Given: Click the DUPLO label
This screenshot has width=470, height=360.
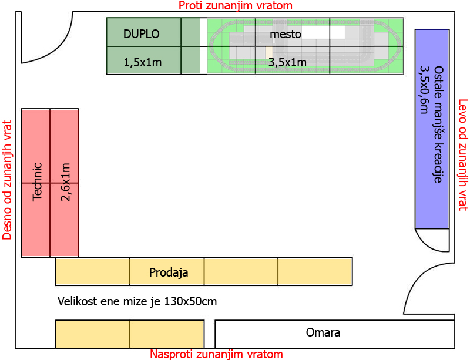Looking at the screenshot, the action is pos(142,34).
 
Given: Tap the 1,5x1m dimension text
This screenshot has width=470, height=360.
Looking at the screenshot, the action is pos(143,62).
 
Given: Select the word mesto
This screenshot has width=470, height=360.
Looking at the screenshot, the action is pos(286,34).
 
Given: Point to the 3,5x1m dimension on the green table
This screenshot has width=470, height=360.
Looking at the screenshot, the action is pos(287,62).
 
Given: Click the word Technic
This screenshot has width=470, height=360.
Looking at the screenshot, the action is pos(37,182).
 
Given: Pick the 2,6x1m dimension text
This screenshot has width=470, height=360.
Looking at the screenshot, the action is pos(65,182).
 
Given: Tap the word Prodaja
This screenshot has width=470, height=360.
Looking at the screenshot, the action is pos(169,272).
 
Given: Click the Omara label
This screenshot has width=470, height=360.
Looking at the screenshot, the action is pos(323,332).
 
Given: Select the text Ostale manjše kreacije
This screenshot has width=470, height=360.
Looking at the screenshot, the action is pos(438,125).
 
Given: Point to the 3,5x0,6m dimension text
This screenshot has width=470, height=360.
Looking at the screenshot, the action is pos(424,90).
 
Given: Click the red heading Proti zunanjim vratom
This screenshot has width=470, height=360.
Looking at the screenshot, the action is pos(236,5).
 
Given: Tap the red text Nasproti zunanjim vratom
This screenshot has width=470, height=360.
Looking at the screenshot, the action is pos(216,354).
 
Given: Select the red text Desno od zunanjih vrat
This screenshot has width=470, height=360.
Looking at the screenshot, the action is pos(7,180).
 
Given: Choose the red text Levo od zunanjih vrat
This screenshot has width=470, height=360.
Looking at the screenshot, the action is pos(463,155).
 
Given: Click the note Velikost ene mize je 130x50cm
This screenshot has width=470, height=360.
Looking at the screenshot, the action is pos(137,301).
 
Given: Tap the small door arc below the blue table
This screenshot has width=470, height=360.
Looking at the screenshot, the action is pos(425,245).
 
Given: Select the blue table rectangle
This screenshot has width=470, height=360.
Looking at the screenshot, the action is pos(432,129).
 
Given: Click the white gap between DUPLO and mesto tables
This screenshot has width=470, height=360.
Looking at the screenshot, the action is pos(203,46).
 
